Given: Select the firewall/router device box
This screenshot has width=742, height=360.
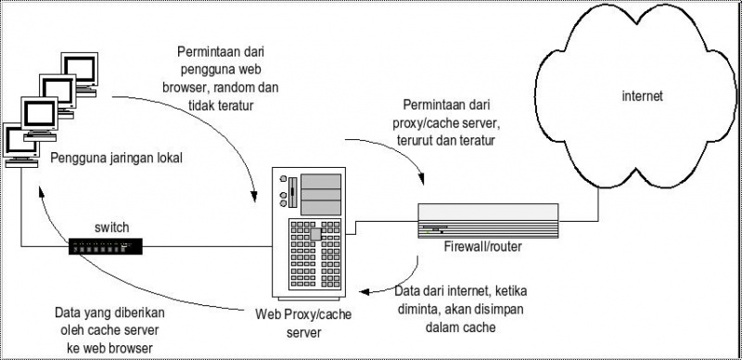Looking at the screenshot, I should coord(488,221).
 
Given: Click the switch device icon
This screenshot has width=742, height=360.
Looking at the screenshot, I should coord(105,245).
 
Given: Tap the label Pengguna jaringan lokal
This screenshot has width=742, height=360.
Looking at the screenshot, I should coord(116,158).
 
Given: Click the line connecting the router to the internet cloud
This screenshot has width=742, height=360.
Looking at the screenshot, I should coord(580,221).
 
